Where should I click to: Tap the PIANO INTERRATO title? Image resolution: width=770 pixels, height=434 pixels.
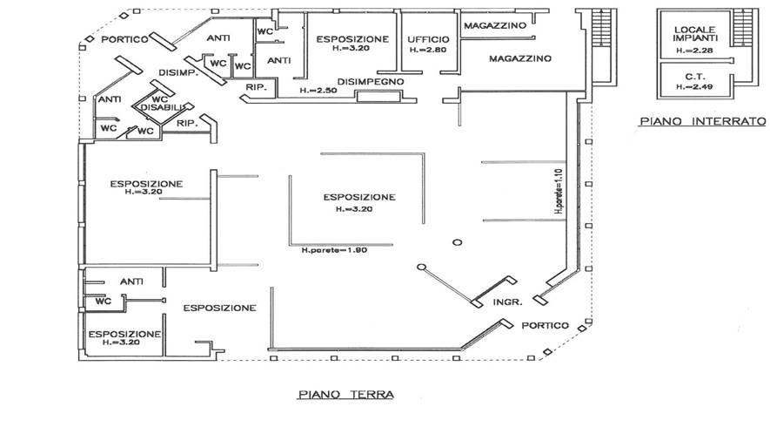(701, 122)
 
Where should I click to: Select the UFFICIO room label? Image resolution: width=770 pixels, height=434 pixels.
(428, 40)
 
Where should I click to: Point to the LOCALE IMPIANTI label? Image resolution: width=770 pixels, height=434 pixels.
(695, 36)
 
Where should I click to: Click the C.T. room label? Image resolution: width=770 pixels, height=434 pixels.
(695, 76)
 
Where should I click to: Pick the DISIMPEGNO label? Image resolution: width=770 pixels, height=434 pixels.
(372, 81)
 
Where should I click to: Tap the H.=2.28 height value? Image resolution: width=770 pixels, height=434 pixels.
(694, 51)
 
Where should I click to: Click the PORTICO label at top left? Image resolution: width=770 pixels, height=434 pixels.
(122, 40)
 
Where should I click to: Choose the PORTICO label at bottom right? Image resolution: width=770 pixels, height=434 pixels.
(546, 325)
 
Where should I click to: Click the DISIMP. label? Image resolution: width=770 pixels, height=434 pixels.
(179, 73)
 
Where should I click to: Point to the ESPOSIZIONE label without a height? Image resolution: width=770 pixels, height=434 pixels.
(219, 308)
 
